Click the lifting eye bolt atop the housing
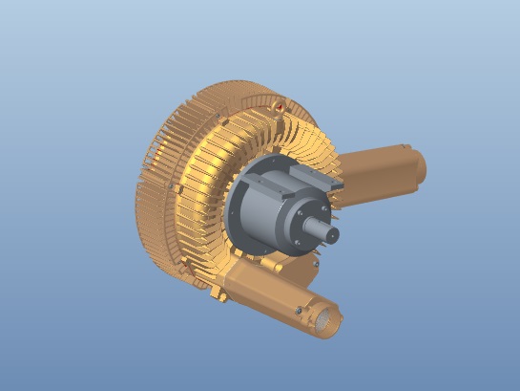coord(277,101)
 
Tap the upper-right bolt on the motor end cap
coord(327,205)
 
